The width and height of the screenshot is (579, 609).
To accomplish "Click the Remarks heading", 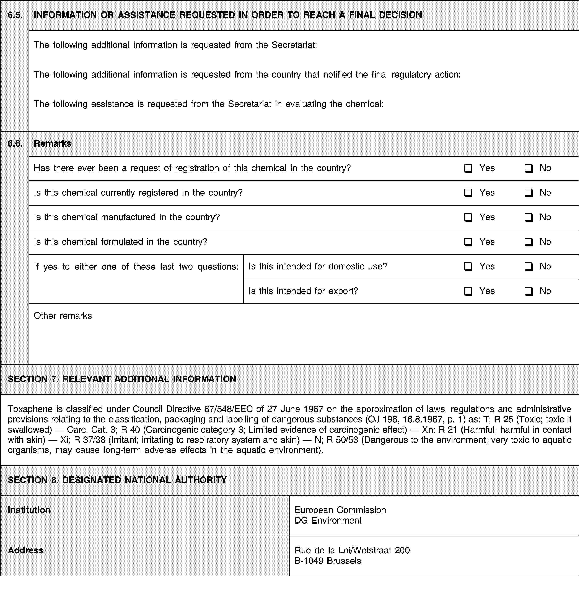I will pyautogui.click(x=53, y=143).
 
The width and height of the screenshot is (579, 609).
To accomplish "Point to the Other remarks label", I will pyautogui.click(x=63, y=316).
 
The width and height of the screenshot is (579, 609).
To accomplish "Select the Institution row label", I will pyautogui.click(x=29, y=510).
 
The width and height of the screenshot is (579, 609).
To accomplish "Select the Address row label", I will pyautogui.click(x=26, y=550).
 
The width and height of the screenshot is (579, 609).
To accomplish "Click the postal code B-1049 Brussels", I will pyautogui.click(x=327, y=561).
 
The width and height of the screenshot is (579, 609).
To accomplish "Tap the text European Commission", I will pyautogui.click(x=340, y=510).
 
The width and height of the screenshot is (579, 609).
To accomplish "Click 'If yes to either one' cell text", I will pyautogui.click(x=136, y=267).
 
